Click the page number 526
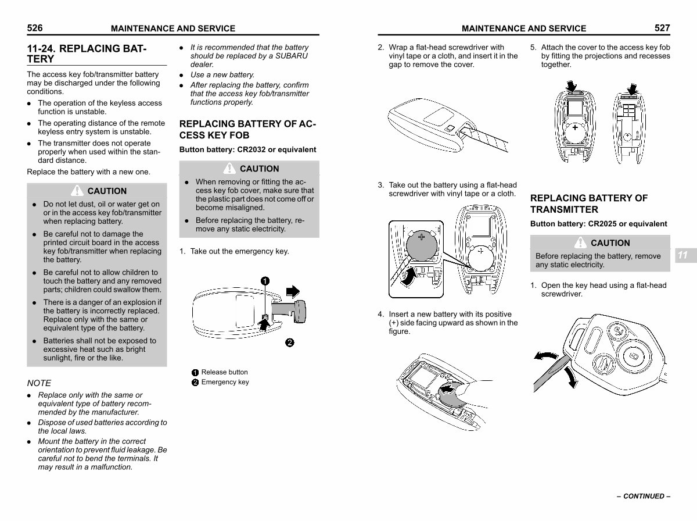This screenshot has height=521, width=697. pyautogui.click(x=35, y=28)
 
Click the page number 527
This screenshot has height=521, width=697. pyautogui.click(x=662, y=28)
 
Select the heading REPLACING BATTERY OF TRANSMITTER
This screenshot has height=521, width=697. pyautogui.click(x=588, y=204)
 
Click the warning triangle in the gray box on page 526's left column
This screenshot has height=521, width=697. pyautogui.click(x=77, y=190)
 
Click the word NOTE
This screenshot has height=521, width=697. pyautogui.click(x=39, y=383)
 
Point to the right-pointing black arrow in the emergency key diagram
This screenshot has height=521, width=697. pyautogui.click(x=294, y=290)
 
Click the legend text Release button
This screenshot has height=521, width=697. pyautogui.click(x=224, y=372)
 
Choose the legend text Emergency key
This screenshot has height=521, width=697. pyautogui.click(x=225, y=382)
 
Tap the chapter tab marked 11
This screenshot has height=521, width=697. pyautogui.click(x=682, y=255)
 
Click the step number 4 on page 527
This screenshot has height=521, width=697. pyautogui.click(x=380, y=315)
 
